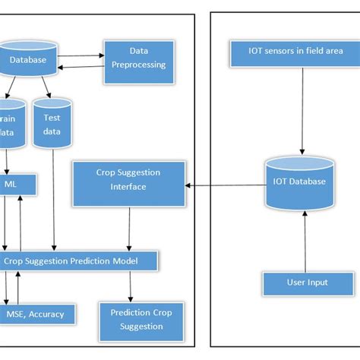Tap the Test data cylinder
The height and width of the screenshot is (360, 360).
click(x=51, y=125)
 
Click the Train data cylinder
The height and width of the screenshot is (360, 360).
click(x=10, y=125)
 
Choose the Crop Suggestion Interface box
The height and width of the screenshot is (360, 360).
click(x=128, y=181)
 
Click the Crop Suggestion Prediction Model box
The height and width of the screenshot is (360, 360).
click(x=80, y=261)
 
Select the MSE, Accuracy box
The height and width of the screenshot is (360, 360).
click(x=37, y=312)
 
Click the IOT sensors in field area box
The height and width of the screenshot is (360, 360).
click(x=285, y=53)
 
